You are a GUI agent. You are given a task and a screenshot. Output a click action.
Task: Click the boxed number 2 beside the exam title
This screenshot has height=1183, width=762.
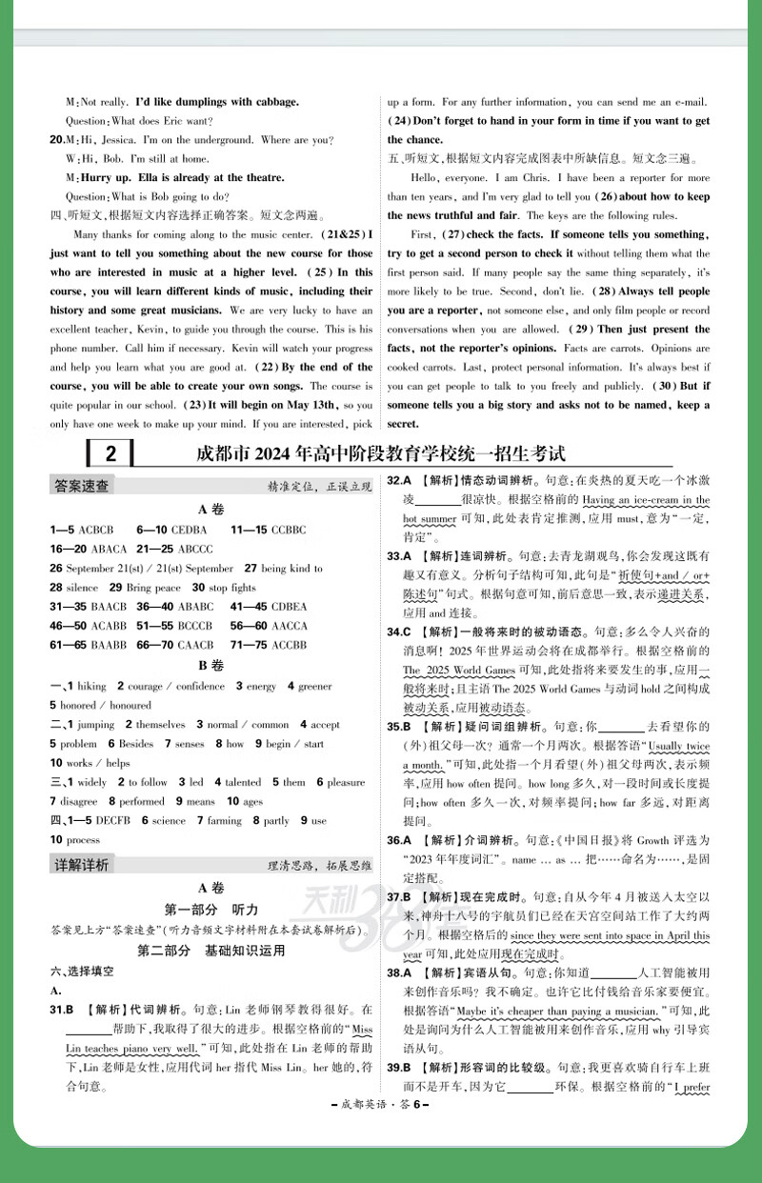[110, 453]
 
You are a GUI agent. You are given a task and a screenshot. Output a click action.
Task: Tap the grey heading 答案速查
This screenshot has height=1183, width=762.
[80, 486]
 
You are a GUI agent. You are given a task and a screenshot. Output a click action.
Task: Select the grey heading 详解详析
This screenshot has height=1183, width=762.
[80, 865]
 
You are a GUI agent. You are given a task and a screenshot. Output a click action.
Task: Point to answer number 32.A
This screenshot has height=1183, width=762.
[398, 481]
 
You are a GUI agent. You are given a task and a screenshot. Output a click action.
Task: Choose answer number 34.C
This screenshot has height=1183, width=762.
[398, 632]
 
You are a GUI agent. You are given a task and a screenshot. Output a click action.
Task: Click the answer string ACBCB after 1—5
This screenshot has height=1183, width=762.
[96, 530]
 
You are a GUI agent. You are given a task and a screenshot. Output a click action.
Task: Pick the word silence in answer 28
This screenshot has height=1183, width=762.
[82, 588]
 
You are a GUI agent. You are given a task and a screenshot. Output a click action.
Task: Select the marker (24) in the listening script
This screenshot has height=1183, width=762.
[398, 121]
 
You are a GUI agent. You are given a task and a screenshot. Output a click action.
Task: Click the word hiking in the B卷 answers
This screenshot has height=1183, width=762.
[91, 686]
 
